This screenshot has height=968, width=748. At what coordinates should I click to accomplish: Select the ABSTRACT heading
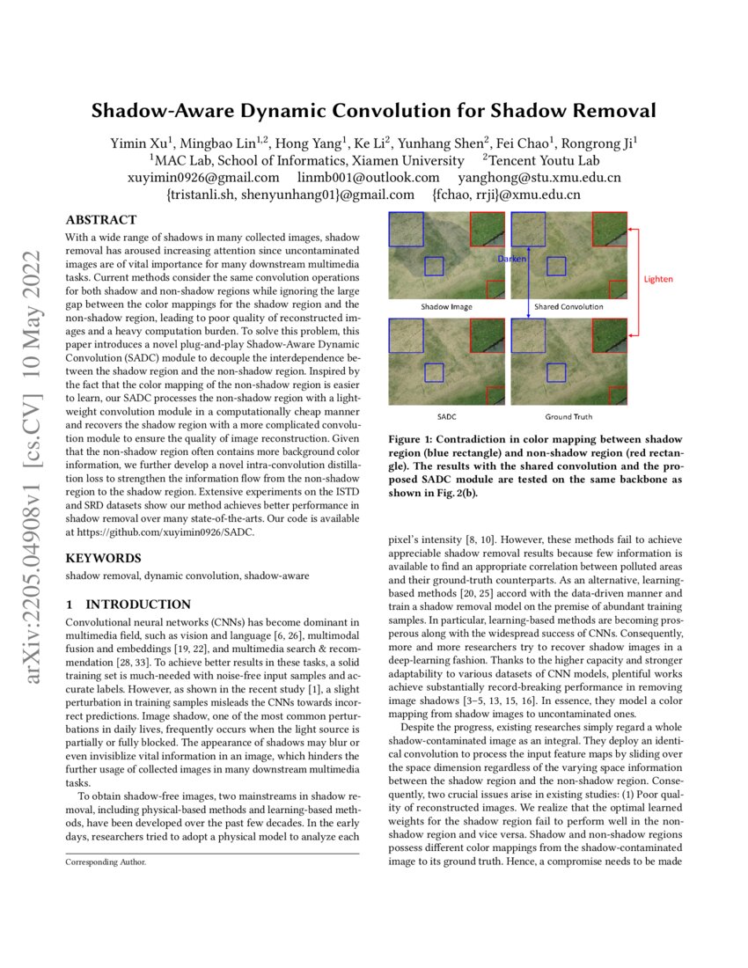[x=101, y=220]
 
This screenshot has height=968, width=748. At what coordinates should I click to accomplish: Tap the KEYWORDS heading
[x=103, y=558]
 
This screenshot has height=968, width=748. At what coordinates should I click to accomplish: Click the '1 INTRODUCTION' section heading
[x=128, y=605]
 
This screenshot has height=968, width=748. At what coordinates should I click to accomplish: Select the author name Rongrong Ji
[x=600, y=143]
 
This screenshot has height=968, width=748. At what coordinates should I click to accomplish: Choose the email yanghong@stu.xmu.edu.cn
[x=533, y=178]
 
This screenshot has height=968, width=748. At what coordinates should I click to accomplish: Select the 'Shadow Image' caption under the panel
[x=446, y=307]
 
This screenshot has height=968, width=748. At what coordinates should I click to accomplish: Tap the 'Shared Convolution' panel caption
[x=568, y=307]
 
